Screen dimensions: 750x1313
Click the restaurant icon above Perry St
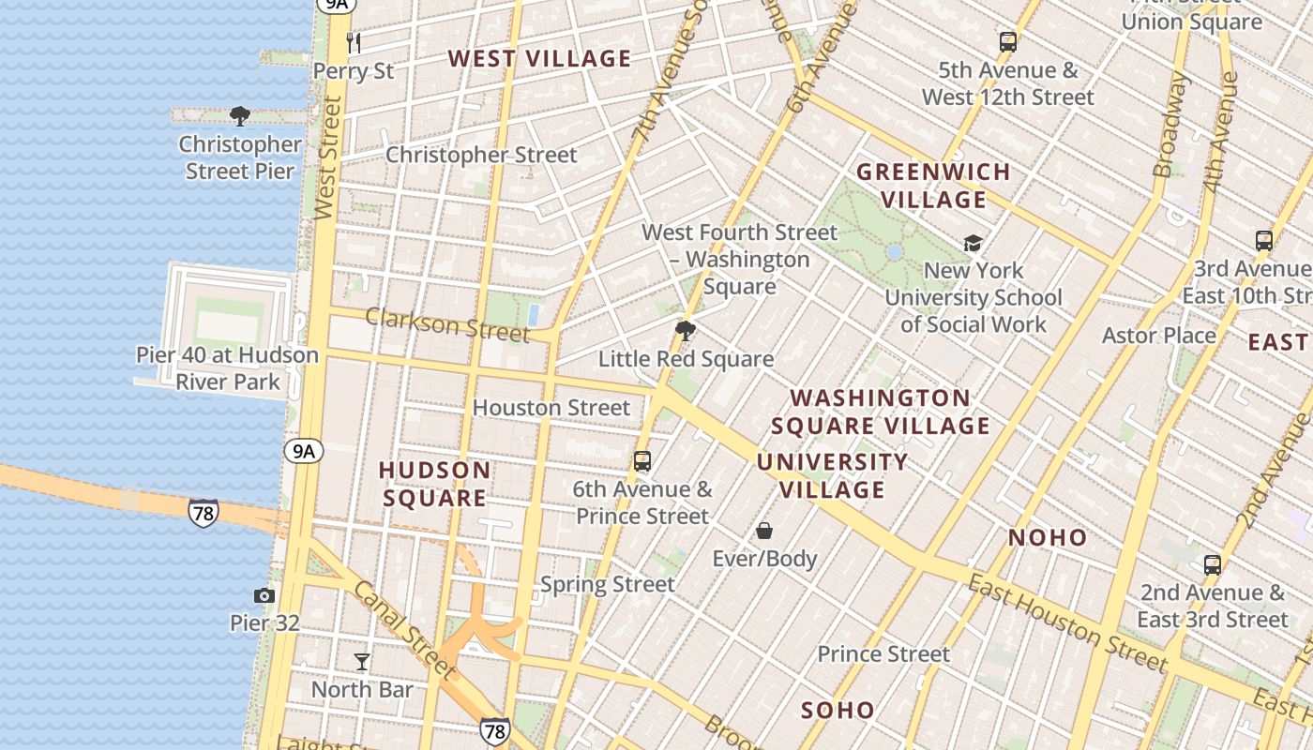pyautogui.click(x=354, y=42)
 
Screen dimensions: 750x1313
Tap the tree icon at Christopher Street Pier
pyautogui.click(x=240, y=116)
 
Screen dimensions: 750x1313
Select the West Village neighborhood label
pyautogui.click(x=539, y=58)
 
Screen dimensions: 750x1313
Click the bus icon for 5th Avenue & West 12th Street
pyautogui.click(x=1008, y=42)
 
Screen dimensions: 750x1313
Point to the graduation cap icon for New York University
pyautogui.click(x=973, y=244)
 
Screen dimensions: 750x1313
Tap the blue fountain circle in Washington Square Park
pyautogui.click(x=894, y=252)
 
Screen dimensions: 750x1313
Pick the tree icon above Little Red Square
pyautogui.click(x=686, y=331)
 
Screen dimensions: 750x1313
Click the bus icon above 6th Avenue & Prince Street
pyautogui.click(x=642, y=461)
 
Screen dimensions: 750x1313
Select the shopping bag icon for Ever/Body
pyautogui.click(x=764, y=531)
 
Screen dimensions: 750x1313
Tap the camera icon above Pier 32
pyautogui.click(x=264, y=595)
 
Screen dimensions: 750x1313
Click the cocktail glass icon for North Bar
pyautogui.click(x=362, y=662)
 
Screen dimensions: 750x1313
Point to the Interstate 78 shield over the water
pyautogui.click(x=203, y=513)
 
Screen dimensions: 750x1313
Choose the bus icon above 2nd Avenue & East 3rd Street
pyautogui.click(x=1213, y=565)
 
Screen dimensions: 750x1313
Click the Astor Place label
pyautogui.click(x=1158, y=336)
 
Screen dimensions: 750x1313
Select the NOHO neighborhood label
pyautogui.click(x=1048, y=538)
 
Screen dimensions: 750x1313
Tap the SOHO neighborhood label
pyautogui.click(x=838, y=710)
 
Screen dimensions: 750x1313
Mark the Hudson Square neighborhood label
pyautogui.click(x=434, y=484)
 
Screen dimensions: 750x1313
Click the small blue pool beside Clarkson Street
pyautogui.click(x=534, y=313)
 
